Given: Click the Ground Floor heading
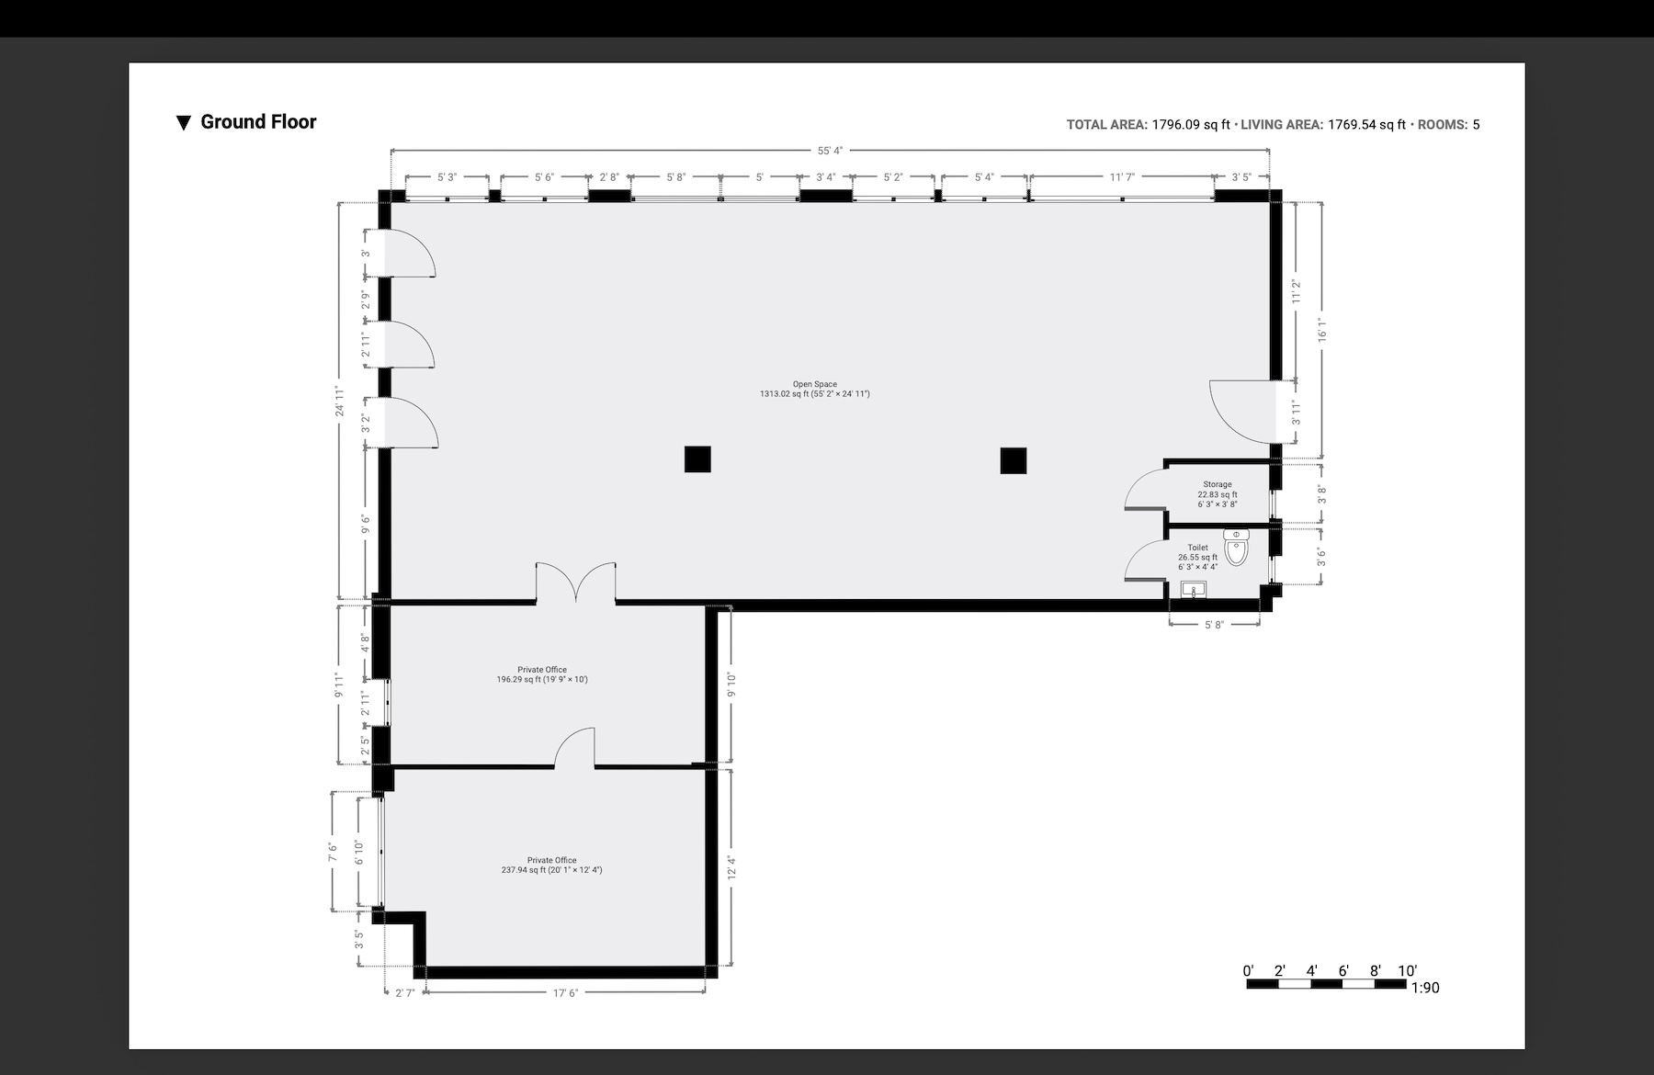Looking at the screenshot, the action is point(258,122).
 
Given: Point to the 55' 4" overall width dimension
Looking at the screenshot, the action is point(830,151).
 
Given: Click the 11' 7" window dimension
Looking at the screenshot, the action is point(1122,176).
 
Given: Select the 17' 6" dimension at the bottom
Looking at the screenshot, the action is point(565,992).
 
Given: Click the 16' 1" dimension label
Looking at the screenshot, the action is point(1322,330).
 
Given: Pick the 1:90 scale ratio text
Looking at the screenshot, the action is point(1424,988).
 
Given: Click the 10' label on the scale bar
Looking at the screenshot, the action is point(1407,971).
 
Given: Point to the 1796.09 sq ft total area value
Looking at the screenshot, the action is point(1191,125).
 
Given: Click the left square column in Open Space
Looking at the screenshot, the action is point(697,458).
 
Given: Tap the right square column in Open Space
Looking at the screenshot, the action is point(1014,460).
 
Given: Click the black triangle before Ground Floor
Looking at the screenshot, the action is point(184,122).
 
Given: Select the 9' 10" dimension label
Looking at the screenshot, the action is point(731,685).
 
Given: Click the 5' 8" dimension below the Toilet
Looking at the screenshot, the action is point(1214,625).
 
